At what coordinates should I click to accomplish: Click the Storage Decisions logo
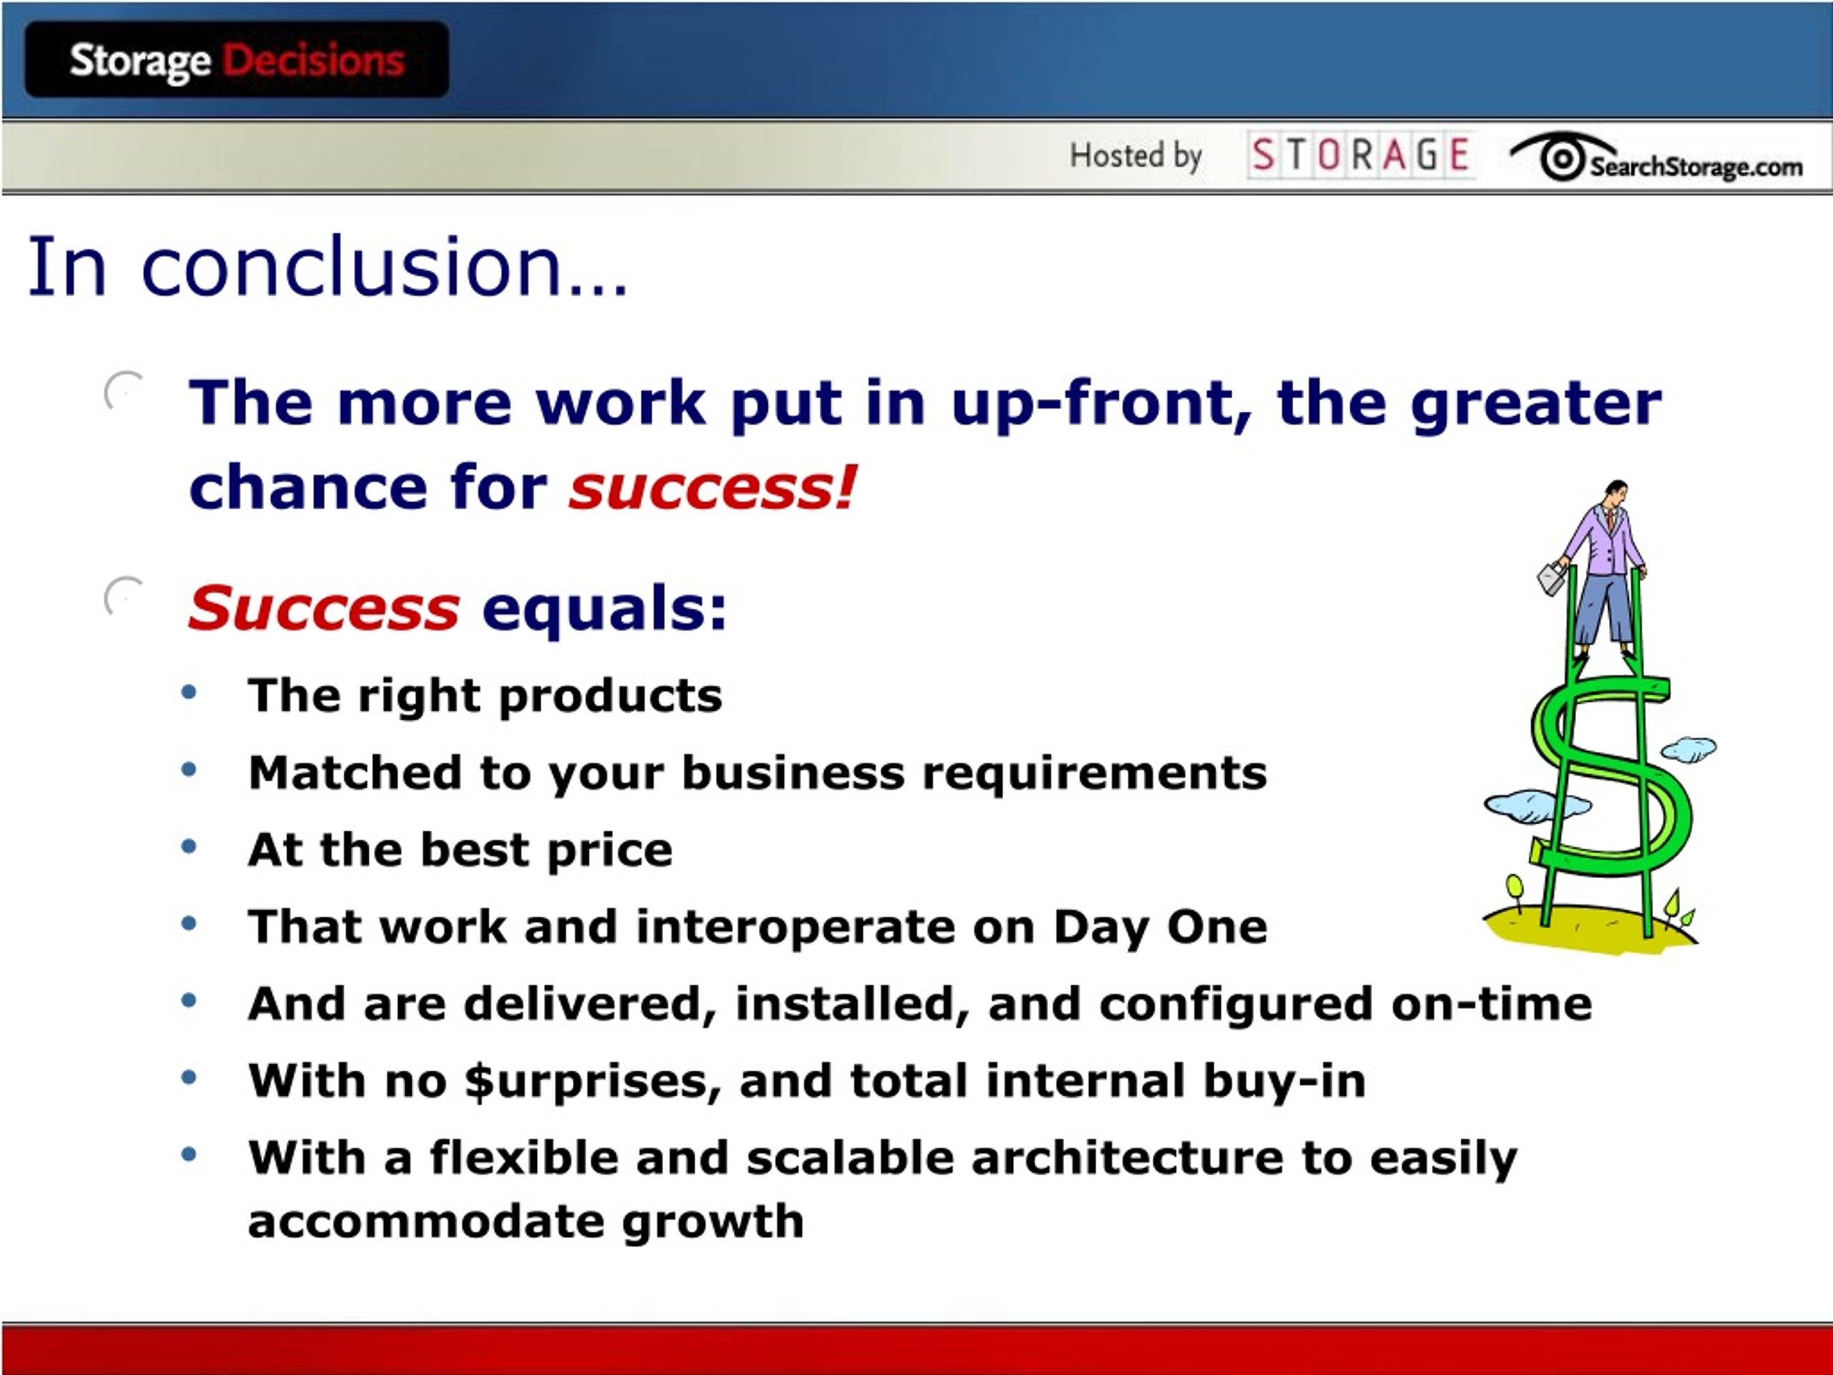(237, 59)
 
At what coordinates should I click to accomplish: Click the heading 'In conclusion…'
(328, 266)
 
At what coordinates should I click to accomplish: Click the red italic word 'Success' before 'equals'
(323, 607)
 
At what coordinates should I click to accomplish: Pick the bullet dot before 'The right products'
(189, 692)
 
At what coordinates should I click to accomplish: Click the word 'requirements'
(1095, 774)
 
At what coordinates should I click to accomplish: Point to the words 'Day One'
(1160, 927)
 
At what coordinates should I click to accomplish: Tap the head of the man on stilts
(1615, 494)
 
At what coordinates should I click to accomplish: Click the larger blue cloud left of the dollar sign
(1537, 806)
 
